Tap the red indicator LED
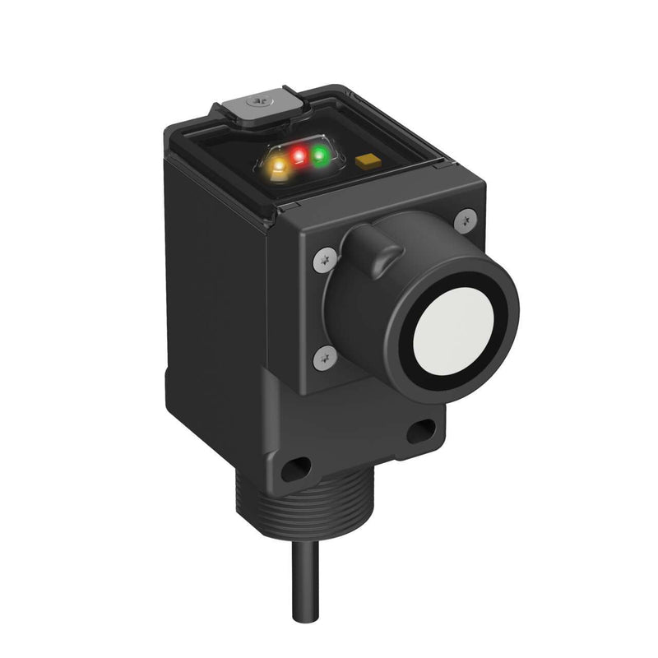pyautogui.click(x=299, y=155)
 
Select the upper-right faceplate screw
pyautogui.click(x=466, y=218)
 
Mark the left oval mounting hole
pyautogui.click(x=293, y=470)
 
